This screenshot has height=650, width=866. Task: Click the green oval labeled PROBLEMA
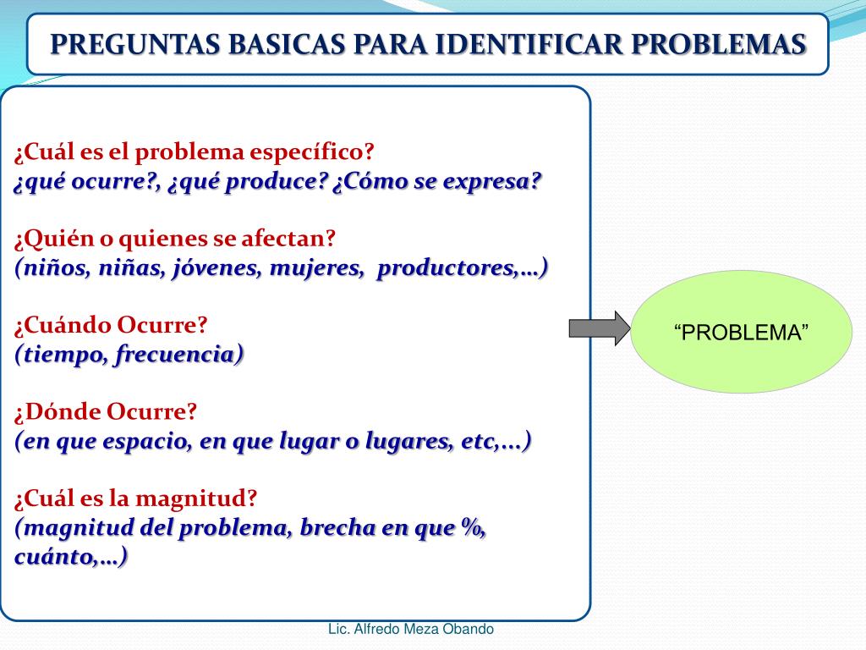(x=742, y=332)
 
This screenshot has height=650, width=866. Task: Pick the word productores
(x=447, y=268)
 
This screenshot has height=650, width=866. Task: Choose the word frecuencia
(x=177, y=355)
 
